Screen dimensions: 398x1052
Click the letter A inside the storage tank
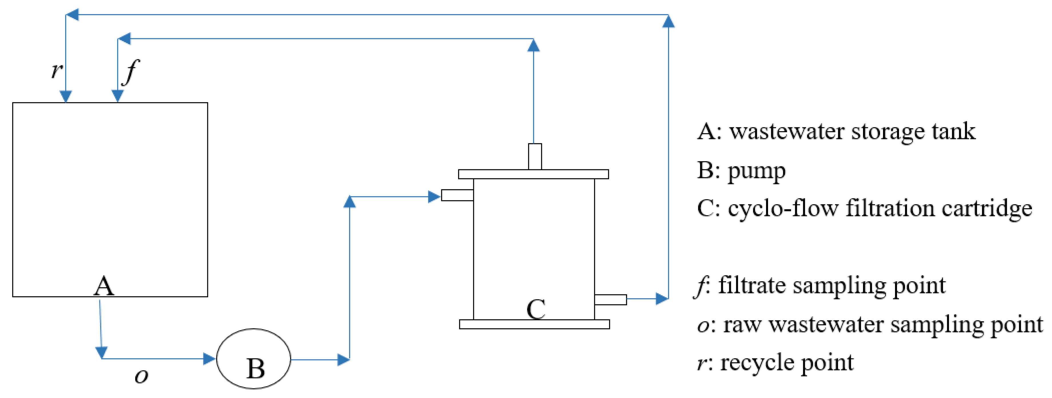(104, 286)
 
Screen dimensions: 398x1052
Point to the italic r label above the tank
(56, 70)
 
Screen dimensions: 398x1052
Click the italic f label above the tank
(131, 72)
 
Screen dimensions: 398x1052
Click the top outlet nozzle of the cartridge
(535, 157)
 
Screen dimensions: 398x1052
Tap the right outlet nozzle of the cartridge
(610, 300)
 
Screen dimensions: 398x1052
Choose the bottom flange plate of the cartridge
(534, 324)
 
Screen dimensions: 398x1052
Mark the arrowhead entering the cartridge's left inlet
(434, 197)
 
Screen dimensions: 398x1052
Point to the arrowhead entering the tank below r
(66, 96)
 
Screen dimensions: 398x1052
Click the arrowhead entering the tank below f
(118, 96)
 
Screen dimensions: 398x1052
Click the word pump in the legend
(756, 171)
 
